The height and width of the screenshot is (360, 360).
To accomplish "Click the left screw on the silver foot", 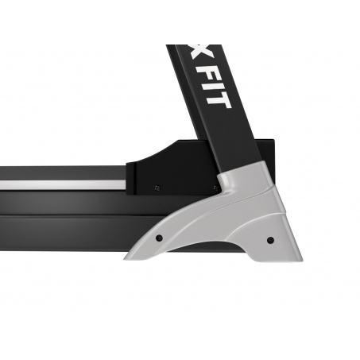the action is pyautogui.click(x=159, y=238).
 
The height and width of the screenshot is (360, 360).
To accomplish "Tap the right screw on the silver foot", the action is pyautogui.click(x=270, y=240).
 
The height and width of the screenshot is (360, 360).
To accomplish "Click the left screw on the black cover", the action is pyautogui.click(x=157, y=188).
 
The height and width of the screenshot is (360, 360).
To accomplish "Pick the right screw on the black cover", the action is pyautogui.click(x=215, y=188).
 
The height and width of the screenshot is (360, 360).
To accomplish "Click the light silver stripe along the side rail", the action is pyautogui.click(x=63, y=185).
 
